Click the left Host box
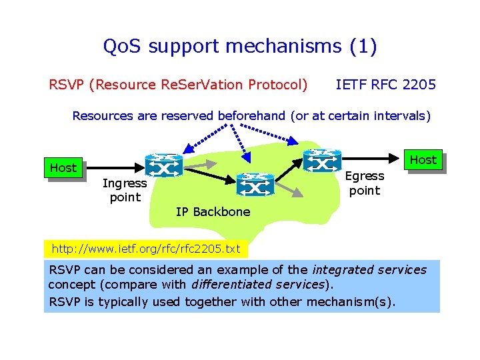pos(63,168)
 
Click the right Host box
pos(423,160)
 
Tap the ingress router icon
pos(164,164)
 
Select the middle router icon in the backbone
pos(255,184)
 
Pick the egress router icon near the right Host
pos(322,161)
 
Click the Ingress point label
pos(125,190)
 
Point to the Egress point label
pos(365,183)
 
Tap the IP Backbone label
pos(213,212)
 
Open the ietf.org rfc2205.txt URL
pos(145,249)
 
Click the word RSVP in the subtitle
pos(68,85)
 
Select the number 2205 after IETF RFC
pos(419,85)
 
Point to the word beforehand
pos(252,116)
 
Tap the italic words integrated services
pos(369,270)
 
